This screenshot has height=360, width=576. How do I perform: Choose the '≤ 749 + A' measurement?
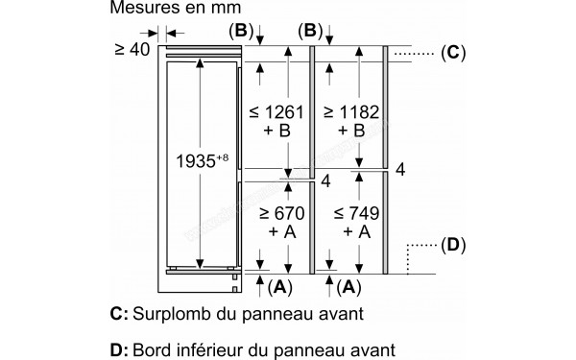tap(355, 220)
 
